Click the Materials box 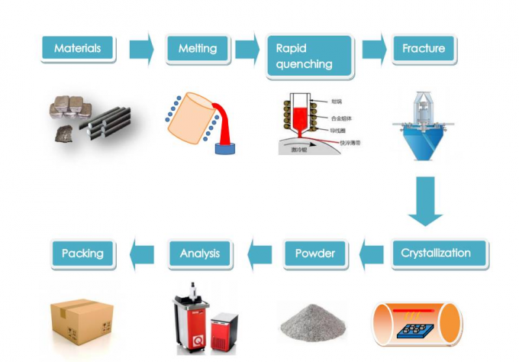point(77,49)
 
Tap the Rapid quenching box point(309,55)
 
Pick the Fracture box point(424,49)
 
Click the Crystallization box point(435,253)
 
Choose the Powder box point(314,253)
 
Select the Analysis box point(199,253)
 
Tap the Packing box point(82,253)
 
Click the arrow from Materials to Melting point(141,49)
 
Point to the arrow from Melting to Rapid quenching point(246,49)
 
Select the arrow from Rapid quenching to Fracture point(373,49)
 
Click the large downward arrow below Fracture point(425,200)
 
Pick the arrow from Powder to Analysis point(259,253)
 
